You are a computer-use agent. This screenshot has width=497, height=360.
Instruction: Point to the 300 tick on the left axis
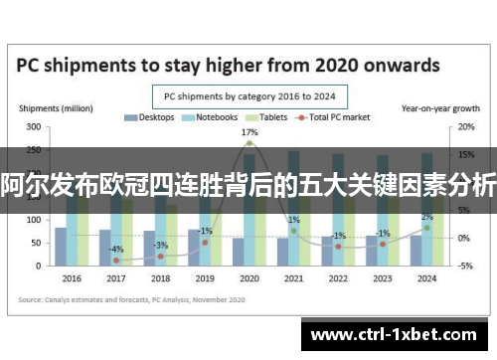tap(34, 127)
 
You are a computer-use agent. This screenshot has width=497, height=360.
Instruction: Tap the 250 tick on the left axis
tap(34, 150)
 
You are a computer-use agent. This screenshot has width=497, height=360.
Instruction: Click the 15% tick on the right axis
tap(438, 155)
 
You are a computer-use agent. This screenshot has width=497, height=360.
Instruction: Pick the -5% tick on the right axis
tap(438, 266)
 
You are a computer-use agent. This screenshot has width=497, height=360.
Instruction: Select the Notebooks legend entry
tap(213, 117)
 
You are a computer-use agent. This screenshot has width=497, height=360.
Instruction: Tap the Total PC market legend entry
tap(339, 117)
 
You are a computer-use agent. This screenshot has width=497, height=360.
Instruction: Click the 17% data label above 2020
tap(249, 132)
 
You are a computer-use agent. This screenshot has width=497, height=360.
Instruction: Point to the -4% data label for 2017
tap(116, 249)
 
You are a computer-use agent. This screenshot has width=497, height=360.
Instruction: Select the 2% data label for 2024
tap(426, 217)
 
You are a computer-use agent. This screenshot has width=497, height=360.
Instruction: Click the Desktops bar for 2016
tap(61, 248)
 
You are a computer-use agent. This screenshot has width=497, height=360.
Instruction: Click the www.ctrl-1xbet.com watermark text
tap(398, 335)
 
